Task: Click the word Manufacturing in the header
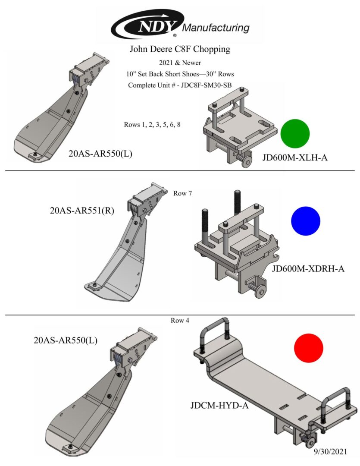tap(216, 28)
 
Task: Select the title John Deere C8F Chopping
tap(180, 49)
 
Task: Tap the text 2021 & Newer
tap(180, 63)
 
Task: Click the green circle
tap(295, 134)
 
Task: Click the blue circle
tap(306, 221)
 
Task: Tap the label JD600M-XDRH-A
tap(308, 269)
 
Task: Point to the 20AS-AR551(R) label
tap(82, 211)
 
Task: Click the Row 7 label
tap(182, 193)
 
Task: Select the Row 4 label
tap(180, 321)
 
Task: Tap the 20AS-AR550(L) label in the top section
tap(100, 154)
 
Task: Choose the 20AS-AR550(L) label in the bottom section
tap(66, 340)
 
